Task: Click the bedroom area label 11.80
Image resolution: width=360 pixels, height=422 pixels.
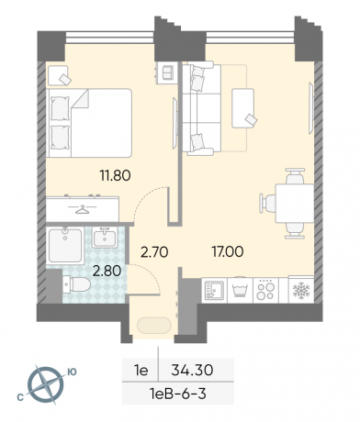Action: [x=115, y=175]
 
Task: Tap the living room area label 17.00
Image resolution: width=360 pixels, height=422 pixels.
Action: [x=228, y=251]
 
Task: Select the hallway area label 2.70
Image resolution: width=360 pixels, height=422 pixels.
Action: [x=154, y=252]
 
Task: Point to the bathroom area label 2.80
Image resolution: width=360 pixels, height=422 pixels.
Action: [x=107, y=271]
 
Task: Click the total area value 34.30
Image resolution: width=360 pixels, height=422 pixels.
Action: [x=192, y=371]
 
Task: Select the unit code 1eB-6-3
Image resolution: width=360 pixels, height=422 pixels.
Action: [x=178, y=394]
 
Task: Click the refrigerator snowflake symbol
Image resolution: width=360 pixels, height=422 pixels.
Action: [x=301, y=290]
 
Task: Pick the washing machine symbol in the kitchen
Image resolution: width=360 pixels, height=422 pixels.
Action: [x=241, y=290]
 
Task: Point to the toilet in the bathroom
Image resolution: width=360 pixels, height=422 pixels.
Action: [x=76, y=284]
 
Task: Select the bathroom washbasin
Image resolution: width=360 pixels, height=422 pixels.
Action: [x=105, y=238]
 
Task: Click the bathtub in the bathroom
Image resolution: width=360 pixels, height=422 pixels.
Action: [x=65, y=246]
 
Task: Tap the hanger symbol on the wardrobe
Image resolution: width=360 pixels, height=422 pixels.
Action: [x=82, y=209]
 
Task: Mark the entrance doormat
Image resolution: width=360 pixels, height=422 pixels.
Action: [x=154, y=326]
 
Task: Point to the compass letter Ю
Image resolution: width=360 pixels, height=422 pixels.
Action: [x=72, y=372]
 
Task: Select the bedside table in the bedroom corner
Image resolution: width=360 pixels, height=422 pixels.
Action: [x=58, y=75]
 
